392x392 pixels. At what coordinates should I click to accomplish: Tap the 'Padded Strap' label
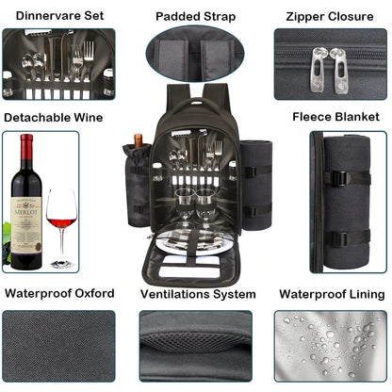196,16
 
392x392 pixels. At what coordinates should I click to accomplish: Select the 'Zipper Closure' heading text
330,16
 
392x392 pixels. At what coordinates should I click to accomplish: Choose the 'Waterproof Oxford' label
58,293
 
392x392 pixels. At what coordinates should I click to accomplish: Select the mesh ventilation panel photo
196,347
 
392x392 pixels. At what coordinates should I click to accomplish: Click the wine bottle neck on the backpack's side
138,143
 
